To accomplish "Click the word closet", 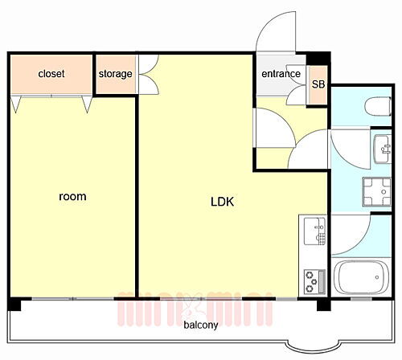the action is click(x=51, y=74).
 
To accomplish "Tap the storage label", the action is click(x=115, y=74).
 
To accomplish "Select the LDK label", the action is click(x=222, y=202).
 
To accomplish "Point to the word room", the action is click(x=72, y=197).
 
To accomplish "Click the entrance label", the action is click(x=281, y=74).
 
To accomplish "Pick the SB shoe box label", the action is click(x=318, y=84).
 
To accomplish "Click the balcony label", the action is click(x=200, y=325).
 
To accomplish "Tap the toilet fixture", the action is click(x=378, y=107).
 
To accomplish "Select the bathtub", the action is click(x=361, y=277).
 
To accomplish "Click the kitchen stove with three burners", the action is click(x=315, y=281).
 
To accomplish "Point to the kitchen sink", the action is click(x=314, y=231).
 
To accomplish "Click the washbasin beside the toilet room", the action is click(x=382, y=149).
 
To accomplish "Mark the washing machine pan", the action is click(x=376, y=192).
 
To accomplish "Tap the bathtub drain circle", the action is click(x=377, y=277).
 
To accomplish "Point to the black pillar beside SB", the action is click(x=318, y=59).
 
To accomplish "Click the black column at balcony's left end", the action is click(x=14, y=305).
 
